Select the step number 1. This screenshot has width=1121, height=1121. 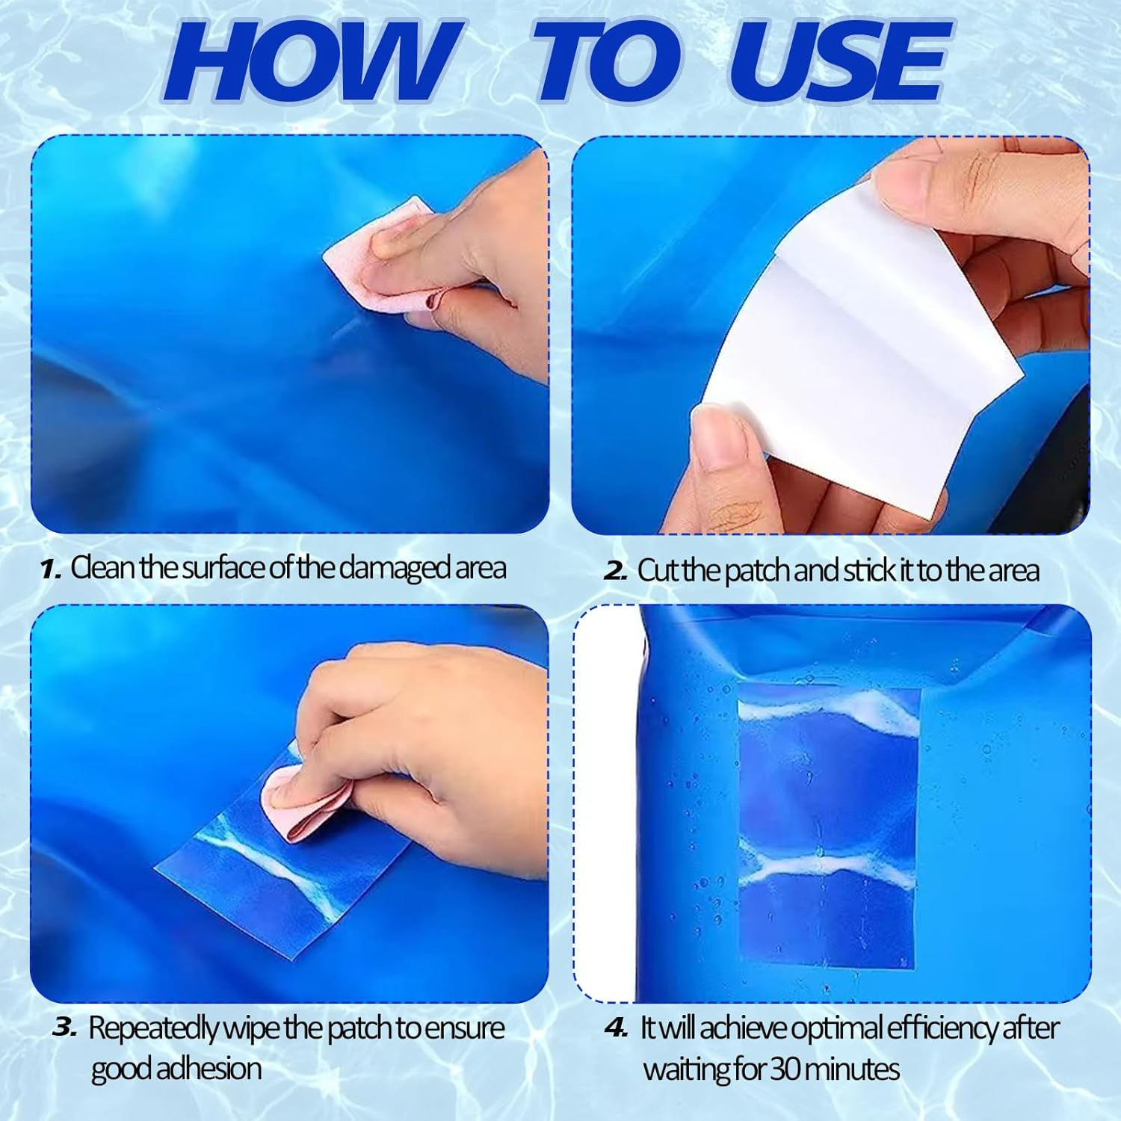pos(50,570)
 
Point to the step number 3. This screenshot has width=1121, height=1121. pos(64,1028)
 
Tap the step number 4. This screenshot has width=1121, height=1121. pos(617,1029)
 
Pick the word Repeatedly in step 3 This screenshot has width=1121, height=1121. pos(152,1029)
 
